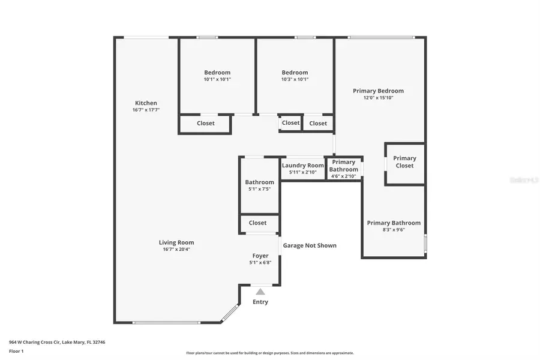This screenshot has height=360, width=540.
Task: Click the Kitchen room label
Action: tap(146, 103)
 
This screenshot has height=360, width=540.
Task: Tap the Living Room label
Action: tap(176, 242)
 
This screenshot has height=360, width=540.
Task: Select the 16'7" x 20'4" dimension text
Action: tap(176, 250)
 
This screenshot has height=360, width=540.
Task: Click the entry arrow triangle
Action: tap(260, 292)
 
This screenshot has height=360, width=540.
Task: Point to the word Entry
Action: tap(260, 302)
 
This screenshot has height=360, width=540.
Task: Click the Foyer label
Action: tap(260, 256)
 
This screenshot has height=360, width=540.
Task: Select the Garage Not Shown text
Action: tap(310, 245)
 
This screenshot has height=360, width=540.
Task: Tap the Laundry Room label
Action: tap(303, 166)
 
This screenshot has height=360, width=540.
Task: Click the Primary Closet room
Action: tap(404, 162)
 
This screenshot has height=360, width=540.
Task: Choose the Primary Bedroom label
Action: tap(378, 91)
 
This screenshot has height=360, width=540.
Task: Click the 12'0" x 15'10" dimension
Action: tap(378, 98)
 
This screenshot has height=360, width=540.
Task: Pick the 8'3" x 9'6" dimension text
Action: tap(394, 230)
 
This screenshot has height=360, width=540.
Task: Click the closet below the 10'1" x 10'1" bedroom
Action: tap(205, 124)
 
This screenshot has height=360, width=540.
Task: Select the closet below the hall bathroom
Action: tap(258, 223)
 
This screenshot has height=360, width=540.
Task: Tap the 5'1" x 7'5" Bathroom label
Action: tap(259, 182)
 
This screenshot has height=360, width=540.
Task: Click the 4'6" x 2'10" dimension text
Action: tap(344, 176)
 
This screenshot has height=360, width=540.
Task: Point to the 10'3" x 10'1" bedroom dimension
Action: tap(295, 79)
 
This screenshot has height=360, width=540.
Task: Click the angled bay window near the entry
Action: tap(229, 313)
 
